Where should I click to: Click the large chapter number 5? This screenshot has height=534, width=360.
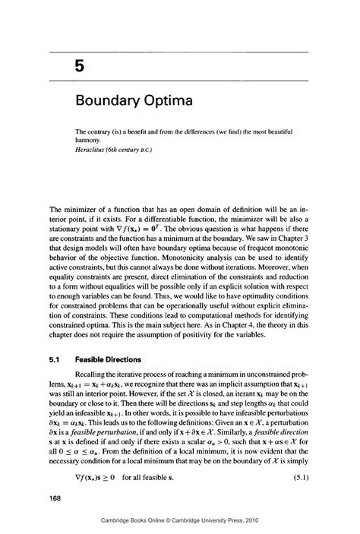pos(78,67)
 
